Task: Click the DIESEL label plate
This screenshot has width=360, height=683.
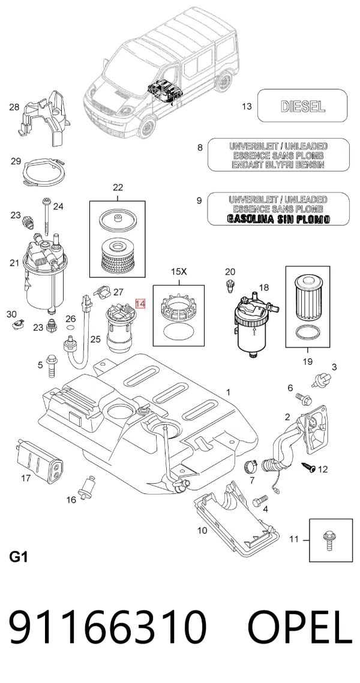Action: click(302, 106)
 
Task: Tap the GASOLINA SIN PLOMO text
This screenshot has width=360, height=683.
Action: click(278, 219)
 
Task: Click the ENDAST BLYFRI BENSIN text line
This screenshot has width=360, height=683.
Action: click(278, 165)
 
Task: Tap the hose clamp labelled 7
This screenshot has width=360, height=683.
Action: click(250, 466)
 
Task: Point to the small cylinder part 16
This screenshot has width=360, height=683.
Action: click(86, 489)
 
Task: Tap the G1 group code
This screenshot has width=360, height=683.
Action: click(18, 557)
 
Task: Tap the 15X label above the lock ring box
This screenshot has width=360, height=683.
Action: click(178, 272)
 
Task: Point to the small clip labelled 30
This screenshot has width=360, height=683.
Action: click(18, 323)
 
